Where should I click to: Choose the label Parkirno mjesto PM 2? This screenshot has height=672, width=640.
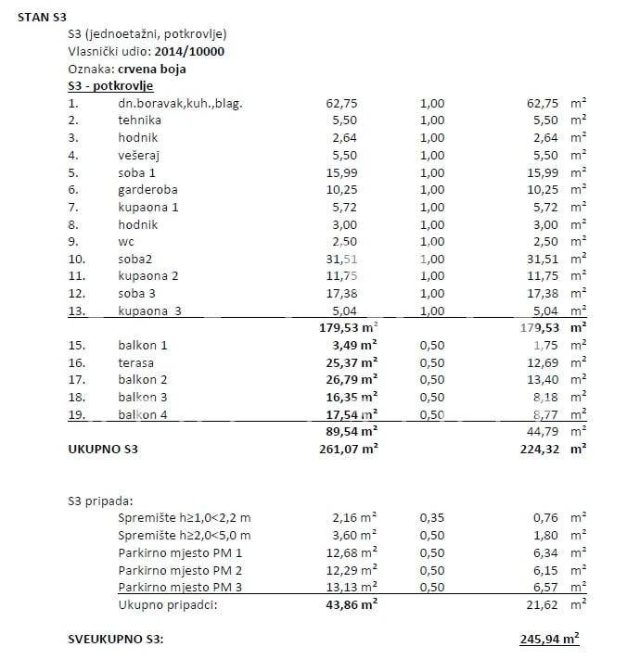coord(180,570)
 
